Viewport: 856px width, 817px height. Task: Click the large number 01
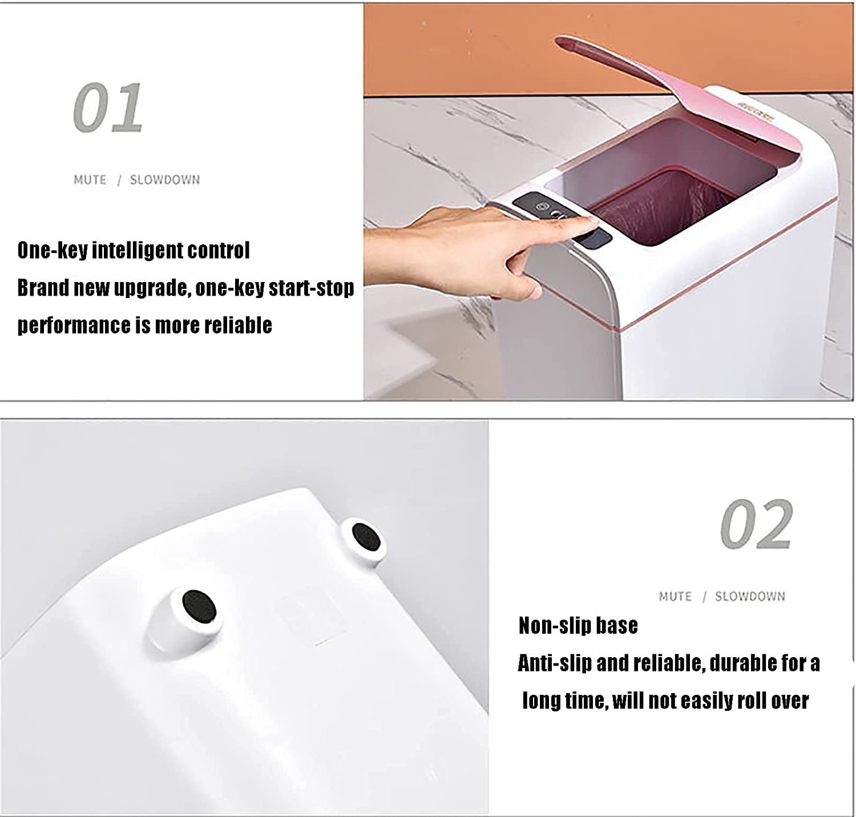pos(107,108)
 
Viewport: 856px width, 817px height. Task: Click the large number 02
pos(756,524)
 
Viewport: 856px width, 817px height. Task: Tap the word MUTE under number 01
pos(90,180)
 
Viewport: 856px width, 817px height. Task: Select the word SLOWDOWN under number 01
pos(165,180)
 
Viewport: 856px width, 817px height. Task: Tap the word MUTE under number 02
pos(675,597)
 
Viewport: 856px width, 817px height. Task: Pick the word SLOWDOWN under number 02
pos(750,597)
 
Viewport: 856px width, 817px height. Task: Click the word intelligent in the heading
pos(139,251)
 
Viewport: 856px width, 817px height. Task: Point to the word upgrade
pos(152,288)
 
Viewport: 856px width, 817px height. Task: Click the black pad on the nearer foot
pos(199,606)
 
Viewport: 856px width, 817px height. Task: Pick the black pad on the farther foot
pos(366,536)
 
